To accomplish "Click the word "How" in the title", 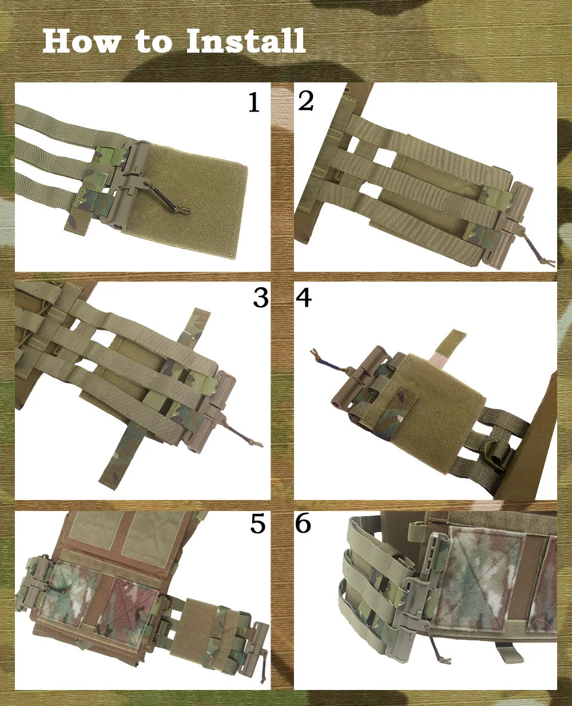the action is click(x=81, y=41).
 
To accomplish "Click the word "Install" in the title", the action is click(x=245, y=41).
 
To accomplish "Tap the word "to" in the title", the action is click(x=154, y=42).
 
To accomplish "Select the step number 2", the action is click(x=305, y=101).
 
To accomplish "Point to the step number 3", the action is click(x=260, y=298).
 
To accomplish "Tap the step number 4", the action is click(x=304, y=298).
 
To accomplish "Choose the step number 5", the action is click(x=258, y=523).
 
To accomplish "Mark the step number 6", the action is click(x=303, y=523).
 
